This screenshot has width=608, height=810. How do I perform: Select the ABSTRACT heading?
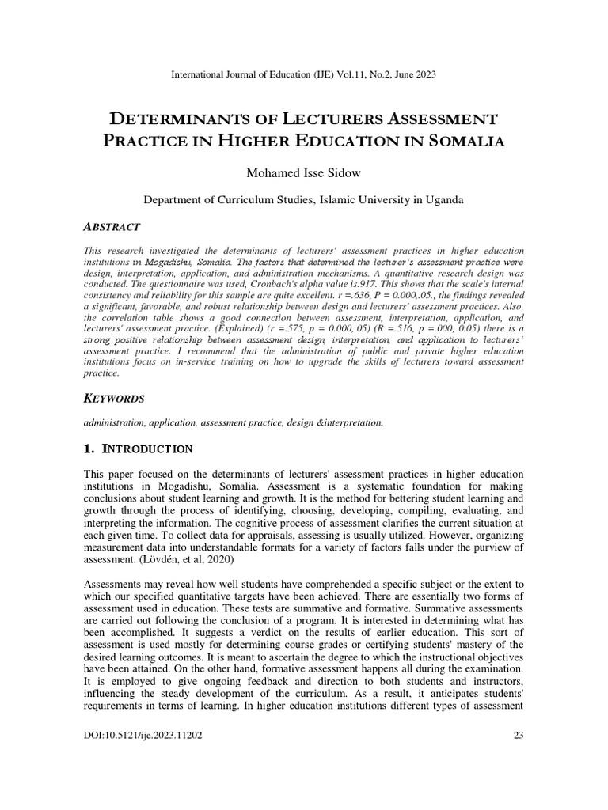click(112, 227)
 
